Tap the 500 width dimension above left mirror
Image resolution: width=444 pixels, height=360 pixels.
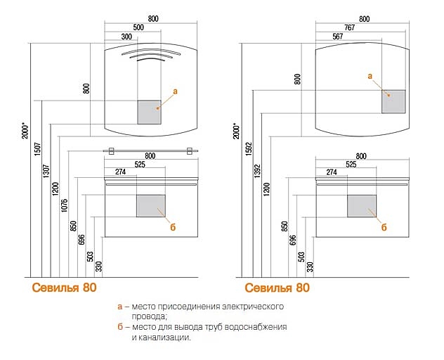[x=138, y=26]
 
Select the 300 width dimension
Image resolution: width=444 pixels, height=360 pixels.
[x=127, y=36]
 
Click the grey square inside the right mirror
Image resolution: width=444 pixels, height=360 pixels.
[x=394, y=101]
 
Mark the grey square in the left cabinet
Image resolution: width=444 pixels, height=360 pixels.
[x=150, y=206]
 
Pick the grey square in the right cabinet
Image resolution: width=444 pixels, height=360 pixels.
[x=362, y=206]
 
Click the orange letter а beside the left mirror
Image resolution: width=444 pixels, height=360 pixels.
[x=175, y=91]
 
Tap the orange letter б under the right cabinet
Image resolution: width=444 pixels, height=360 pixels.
[x=384, y=227]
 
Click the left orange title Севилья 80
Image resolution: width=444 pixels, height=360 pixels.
[x=64, y=288]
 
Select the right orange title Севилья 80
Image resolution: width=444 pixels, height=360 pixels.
[x=277, y=288]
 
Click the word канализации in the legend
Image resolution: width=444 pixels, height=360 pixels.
[x=169, y=337]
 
